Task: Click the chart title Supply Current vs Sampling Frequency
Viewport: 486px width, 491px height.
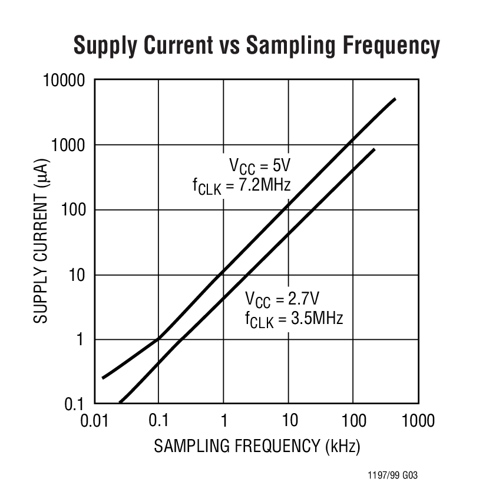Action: pos(256,46)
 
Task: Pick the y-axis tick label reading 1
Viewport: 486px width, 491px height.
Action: pos(81,339)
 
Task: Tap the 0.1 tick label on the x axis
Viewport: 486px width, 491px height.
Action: pos(158,421)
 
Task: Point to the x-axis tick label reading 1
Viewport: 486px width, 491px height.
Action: pos(223,421)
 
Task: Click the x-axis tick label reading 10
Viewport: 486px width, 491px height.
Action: pos(288,421)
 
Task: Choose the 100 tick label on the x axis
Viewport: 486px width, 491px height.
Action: pos(353,421)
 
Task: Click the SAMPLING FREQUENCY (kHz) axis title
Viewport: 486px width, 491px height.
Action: pos(256,446)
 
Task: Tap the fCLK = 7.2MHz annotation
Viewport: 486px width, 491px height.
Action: pos(242,186)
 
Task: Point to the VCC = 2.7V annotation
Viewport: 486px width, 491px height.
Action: pos(282,297)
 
